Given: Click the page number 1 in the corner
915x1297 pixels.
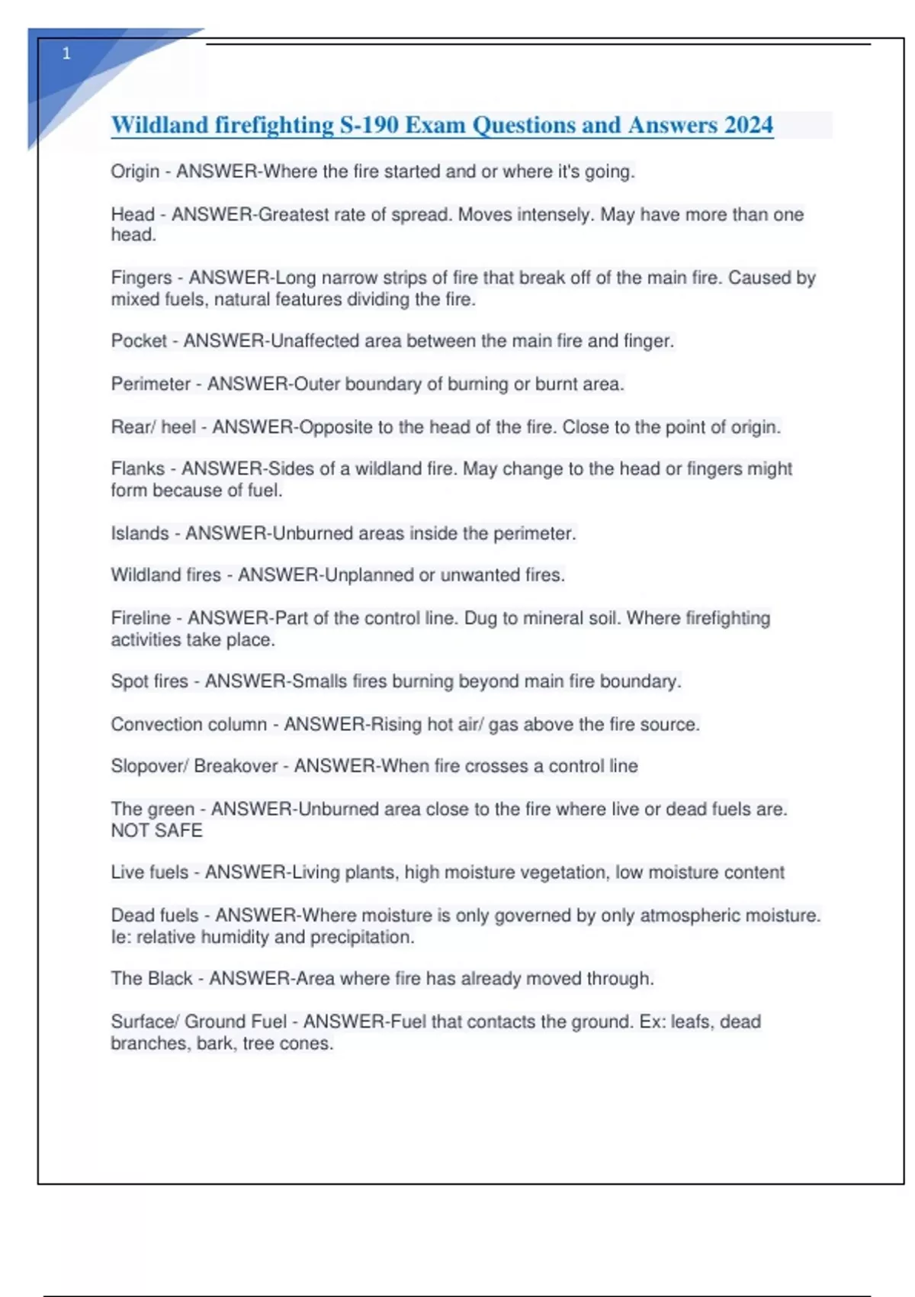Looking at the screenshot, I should [x=66, y=53].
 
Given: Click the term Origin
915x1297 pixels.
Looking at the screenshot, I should [x=135, y=172].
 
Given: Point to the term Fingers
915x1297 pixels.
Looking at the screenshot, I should [x=141, y=278].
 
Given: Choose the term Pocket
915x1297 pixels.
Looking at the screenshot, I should [x=139, y=341].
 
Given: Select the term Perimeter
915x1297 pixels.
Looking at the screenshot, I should [x=150, y=384].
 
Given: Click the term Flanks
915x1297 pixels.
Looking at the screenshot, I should [x=137, y=468].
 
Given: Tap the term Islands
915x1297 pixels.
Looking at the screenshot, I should [x=140, y=533].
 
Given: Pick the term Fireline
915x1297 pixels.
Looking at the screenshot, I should [x=140, y=618].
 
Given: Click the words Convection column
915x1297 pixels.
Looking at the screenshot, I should [x=189, y=724].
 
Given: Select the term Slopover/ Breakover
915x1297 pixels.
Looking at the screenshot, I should [x=194, y=766].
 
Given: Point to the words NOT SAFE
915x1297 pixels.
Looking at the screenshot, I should [x=157, y=830].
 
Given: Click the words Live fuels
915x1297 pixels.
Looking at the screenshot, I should [x=149, y=872].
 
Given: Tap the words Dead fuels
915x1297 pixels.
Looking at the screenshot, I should [x=155, y=915].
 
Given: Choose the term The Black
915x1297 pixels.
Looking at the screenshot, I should [x=152, y=978].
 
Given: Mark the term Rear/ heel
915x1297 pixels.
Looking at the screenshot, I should [x=153, y=426].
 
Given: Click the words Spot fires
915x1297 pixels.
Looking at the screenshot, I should [x=149, y=681].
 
